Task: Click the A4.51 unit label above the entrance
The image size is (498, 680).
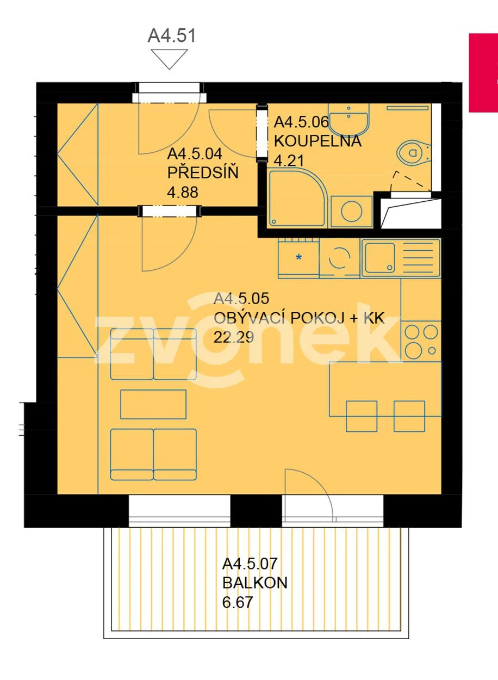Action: pos(172,35)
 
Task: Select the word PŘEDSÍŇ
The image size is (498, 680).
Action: pos(203,173)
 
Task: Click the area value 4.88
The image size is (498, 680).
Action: pos(183,192)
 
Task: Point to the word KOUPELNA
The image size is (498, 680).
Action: pos(318,141)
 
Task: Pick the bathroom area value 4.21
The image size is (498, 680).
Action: pos(289,160)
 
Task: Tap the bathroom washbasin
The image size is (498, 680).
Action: pos(349,120)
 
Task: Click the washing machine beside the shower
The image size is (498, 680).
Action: pos(351,211)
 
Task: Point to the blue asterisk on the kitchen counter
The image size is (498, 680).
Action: pos(299,257)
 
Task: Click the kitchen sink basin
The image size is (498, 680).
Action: pos(380,258)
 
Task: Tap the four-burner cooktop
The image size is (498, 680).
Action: pos(421,341)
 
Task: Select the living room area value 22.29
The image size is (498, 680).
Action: pos(234,337)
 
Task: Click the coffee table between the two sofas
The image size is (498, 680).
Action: pos(153,405)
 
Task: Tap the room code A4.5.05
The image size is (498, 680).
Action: pos(241,299)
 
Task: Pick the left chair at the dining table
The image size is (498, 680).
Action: pos(362,416)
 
